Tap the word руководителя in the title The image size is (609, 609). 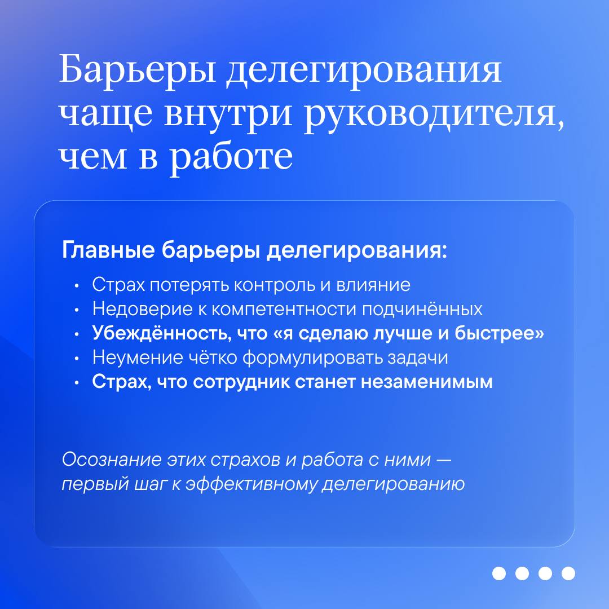point(434,116)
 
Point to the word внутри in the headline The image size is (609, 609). point(228,116)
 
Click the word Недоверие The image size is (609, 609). point(142,309)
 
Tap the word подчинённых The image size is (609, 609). point(422,310)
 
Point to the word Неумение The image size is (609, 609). point(138,358)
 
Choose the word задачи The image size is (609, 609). point(418,358)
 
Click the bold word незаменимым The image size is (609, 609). point(427,382)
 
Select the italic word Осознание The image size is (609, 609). point(112,460)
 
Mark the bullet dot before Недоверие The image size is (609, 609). point(77,310)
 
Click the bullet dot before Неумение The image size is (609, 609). point(77,359)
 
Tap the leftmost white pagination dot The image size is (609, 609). point(498,573)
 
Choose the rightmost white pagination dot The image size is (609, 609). point(568,573)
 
